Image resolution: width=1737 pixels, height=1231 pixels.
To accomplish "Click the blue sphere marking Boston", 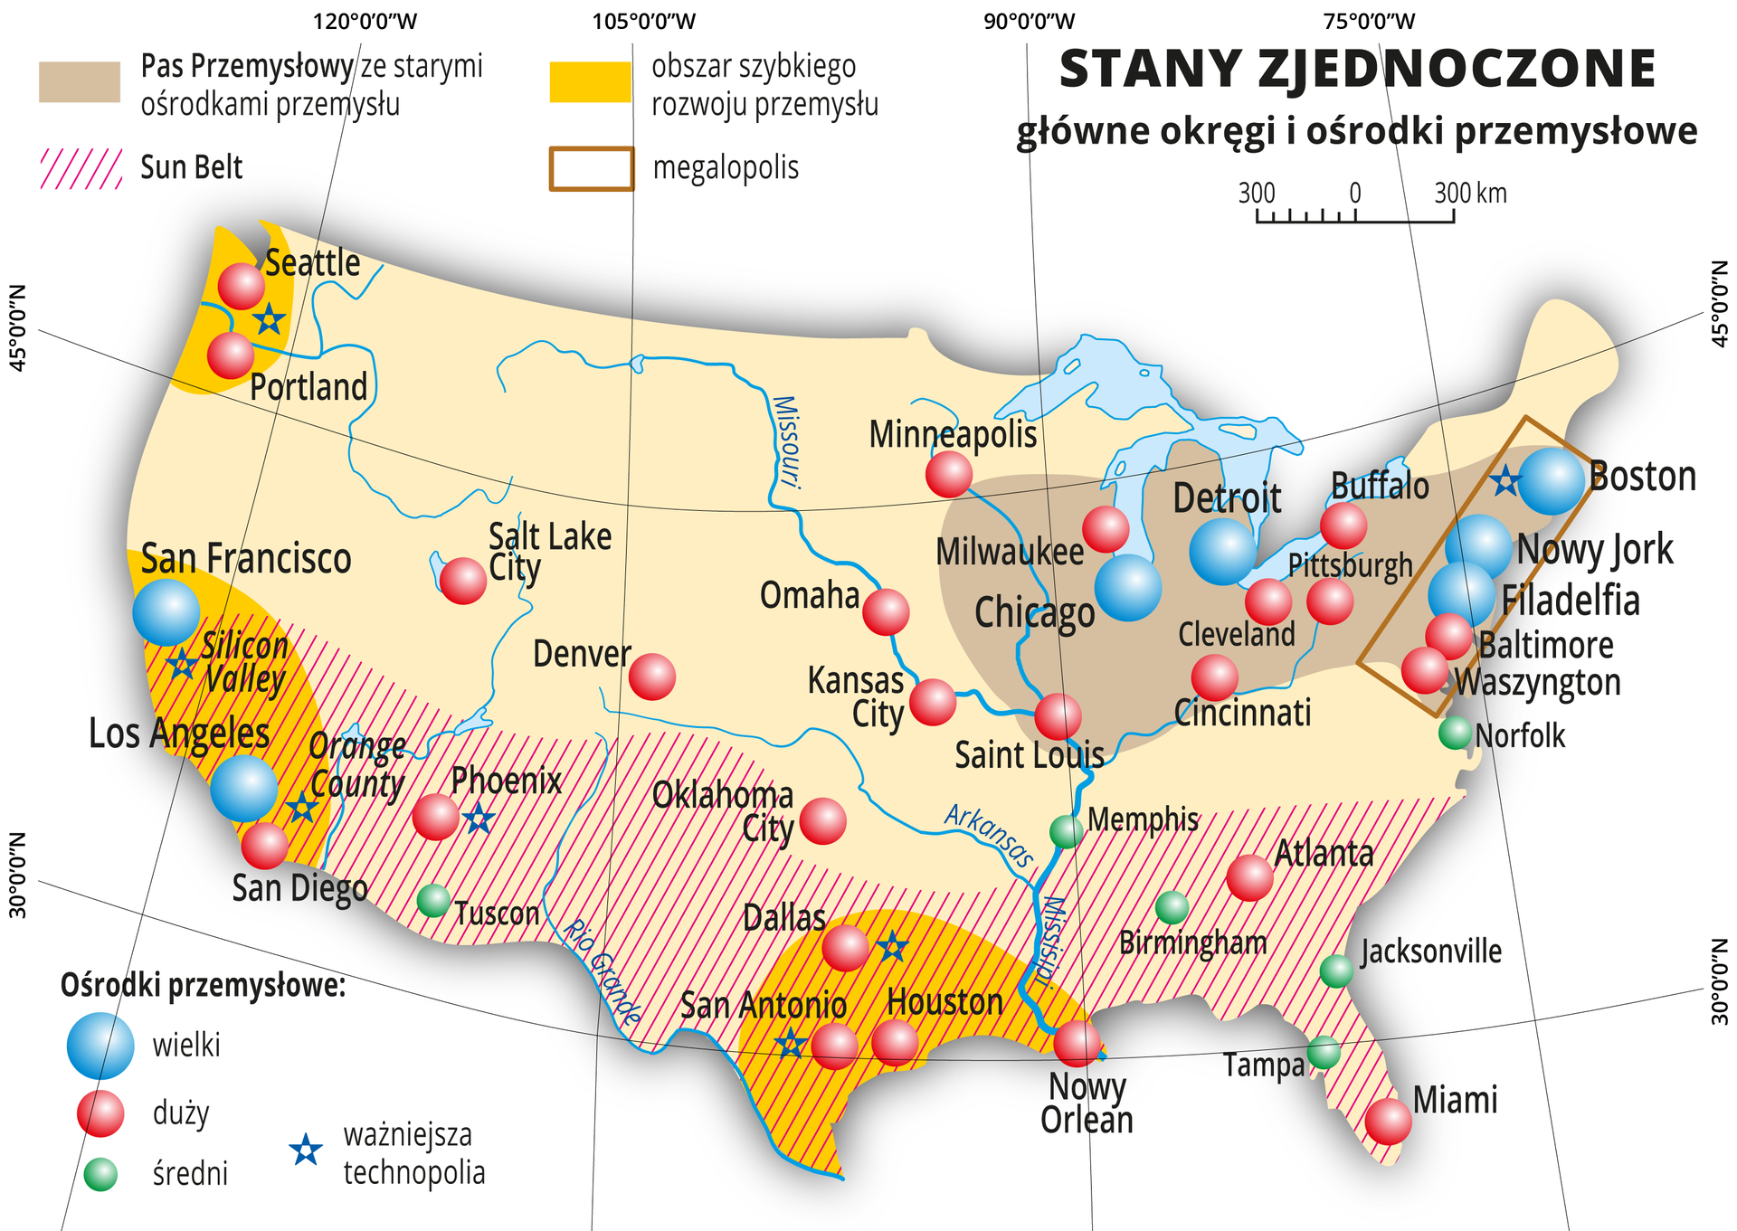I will pos(1551,481).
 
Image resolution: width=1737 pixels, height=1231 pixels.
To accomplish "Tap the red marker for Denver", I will pos(651,677).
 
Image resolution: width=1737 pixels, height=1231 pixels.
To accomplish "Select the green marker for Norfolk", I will pos(1455,732).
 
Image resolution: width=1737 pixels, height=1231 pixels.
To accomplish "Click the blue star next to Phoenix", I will pos(479,819).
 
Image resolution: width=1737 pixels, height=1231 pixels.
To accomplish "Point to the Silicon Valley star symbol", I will pos(182,665).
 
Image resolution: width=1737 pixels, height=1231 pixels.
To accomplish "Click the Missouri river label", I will pos(785,441).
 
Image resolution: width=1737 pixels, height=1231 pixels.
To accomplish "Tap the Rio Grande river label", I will pos(602,972).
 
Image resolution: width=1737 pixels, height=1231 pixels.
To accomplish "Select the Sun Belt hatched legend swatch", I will pos(81,168).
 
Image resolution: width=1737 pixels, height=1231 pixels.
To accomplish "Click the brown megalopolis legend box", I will pos(591,168).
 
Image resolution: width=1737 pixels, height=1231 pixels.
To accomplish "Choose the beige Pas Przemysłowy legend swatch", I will pos(80,81).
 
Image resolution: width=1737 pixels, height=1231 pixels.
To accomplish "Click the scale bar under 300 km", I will pos(1354,217).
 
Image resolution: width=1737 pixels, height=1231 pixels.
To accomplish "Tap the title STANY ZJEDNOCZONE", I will pos(1356,69).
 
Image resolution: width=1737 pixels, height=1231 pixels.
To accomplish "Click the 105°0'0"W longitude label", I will pos(644,21).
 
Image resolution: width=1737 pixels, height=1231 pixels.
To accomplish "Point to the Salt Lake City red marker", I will pos(462,581).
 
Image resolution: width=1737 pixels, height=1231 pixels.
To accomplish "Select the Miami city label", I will pos(1455,1100).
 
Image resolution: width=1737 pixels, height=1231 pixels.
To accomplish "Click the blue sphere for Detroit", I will pos(1223,550).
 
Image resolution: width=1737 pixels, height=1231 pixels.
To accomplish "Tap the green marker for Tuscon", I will pos(433,900).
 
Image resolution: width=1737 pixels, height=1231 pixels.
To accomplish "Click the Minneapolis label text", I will pos(953,434).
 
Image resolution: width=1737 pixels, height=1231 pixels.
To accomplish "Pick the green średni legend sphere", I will pos(100,1174).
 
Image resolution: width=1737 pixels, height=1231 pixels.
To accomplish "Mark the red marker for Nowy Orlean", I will pos(1077,1043).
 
